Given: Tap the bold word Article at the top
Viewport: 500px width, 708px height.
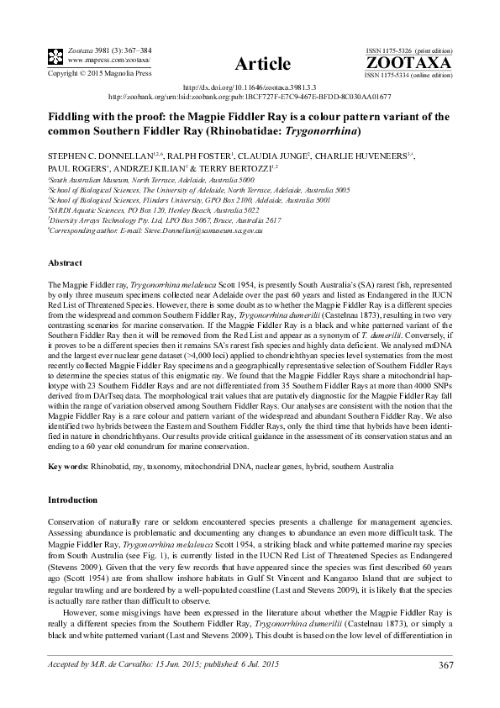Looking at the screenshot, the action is [262, 64].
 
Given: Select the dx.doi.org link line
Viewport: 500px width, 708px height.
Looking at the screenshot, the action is [250, 87].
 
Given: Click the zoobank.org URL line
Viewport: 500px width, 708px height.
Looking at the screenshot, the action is [250, 97].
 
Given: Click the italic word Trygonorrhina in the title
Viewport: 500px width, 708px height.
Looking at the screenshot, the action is [324, 131].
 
